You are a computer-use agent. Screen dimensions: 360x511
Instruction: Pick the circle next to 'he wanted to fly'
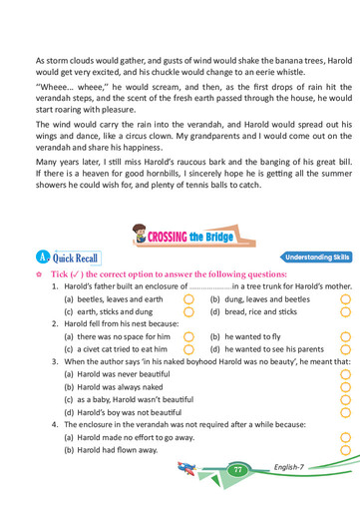(x=345, y=336)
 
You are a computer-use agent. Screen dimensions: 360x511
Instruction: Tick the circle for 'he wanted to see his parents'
(x=345, y=349)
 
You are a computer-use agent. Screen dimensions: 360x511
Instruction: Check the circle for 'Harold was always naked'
(x=345, y=387)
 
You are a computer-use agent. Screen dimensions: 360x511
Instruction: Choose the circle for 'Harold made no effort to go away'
(x=345, y=437)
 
